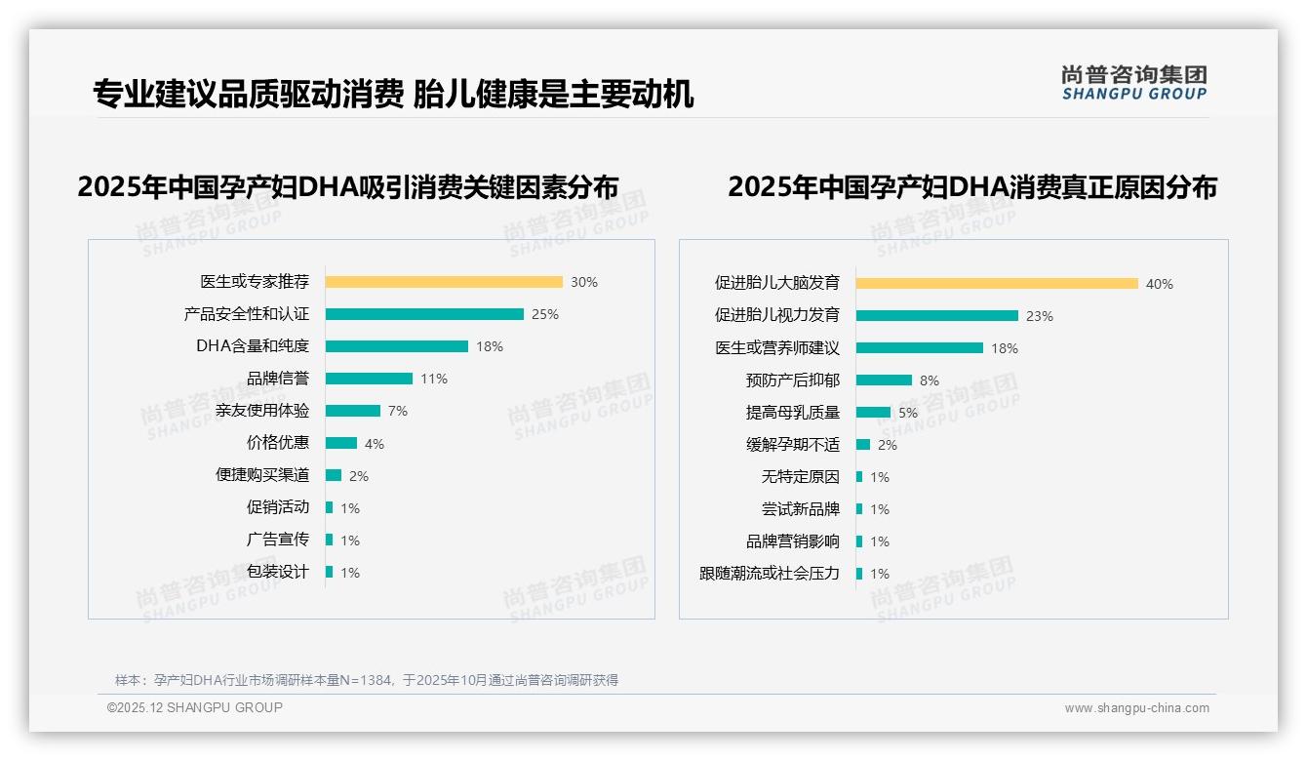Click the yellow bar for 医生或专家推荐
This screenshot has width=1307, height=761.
tap(444, 282)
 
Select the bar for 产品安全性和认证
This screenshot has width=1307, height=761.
tap(424, 314)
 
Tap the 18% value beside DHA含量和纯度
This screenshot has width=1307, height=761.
tap(490, 346)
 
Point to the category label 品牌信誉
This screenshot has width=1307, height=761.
tap(278, 379)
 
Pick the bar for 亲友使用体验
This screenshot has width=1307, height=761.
tap(353, 411)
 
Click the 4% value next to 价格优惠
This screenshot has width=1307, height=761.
tap(375, 444)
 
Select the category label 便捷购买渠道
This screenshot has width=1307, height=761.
tap(262, 475)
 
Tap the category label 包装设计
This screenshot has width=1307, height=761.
tap(278, 572)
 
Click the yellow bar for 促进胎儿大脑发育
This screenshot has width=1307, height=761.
tap(997, 284)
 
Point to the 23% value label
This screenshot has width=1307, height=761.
tap(1040, 316)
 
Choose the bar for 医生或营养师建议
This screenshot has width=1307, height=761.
tap(920, 348)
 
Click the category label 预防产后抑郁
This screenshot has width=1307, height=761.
tap(792, 380)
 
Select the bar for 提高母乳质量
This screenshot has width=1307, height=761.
tap(873, 413)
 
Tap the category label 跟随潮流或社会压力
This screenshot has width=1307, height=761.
tap(770, 574)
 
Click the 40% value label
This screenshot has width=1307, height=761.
tap(1160, 284)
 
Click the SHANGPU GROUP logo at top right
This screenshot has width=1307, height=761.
tap(1134, 83)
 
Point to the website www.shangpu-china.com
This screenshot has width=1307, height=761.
tap(1136, 708)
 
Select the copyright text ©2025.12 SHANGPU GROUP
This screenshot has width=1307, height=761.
tap(195, 707)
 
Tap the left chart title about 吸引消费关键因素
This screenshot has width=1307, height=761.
tap(348, 186)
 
